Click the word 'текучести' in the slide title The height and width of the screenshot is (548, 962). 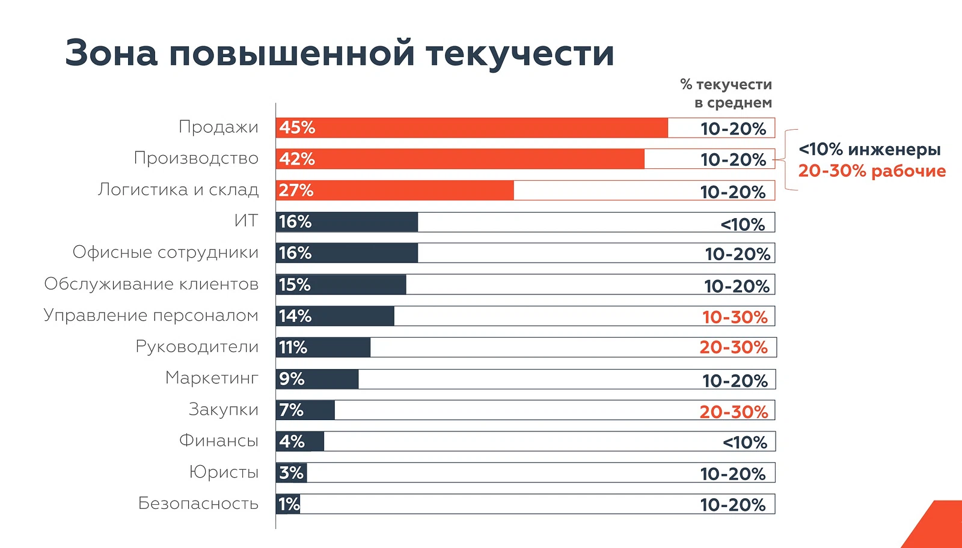(520, 53)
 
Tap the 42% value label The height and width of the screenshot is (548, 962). (297, 159)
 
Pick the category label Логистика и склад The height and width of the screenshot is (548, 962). (178, 190)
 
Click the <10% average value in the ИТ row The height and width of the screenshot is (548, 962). (743, 225)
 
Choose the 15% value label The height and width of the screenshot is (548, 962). (295, 285)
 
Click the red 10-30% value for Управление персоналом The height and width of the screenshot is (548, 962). (735, 317)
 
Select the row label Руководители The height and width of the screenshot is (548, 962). (197, 347)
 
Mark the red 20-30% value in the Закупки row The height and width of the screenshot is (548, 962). (734, 412)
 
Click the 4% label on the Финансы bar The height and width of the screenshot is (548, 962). (292, 442)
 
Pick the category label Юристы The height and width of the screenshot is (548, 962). (224, 472)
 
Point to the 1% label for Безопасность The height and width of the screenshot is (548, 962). (289, 504)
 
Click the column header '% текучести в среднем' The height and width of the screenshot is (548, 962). (726, 94)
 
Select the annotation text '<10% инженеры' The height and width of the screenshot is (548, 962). (869, 150)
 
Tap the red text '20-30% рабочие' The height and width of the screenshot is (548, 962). (872, 171)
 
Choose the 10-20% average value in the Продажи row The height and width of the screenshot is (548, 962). (733, 129)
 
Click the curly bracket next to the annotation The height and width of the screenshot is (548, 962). (785, 160)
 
